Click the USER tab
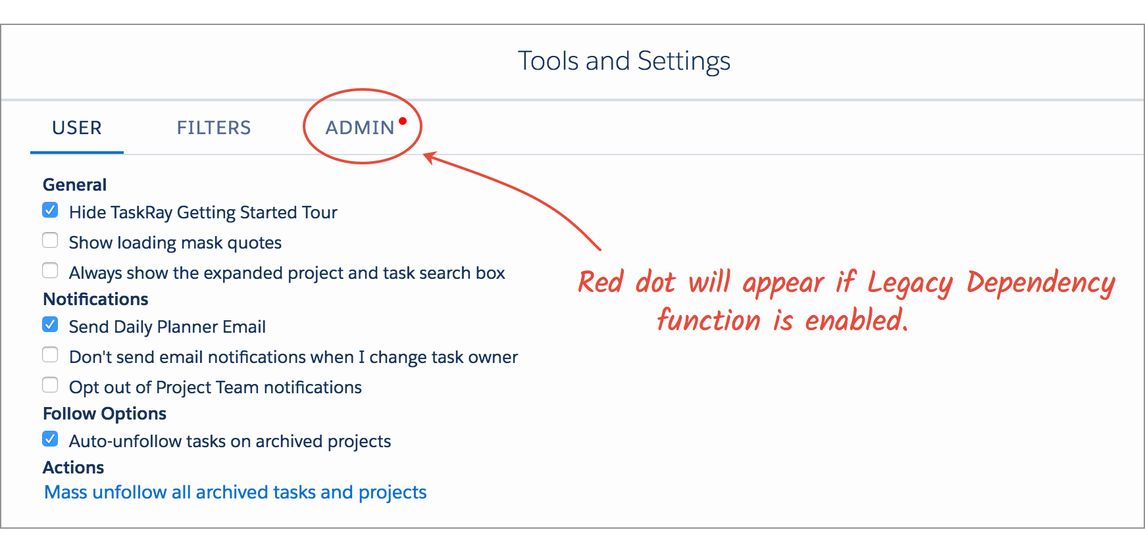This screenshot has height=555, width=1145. tap(77, 128)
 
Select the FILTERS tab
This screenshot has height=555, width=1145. tap(214, 128)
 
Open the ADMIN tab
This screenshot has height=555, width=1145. tap(360, 128)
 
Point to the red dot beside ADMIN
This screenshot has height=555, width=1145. tap(403, 121)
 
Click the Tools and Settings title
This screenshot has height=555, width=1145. tap(624, 61)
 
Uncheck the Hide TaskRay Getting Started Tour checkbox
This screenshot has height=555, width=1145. tap(50, 210)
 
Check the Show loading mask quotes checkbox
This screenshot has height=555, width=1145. tap(50, 241)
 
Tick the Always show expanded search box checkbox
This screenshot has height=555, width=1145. tap(50, 271)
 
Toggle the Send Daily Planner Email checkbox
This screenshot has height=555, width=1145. tap(50, 325)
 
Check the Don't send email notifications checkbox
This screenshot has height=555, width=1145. tap(50, 355)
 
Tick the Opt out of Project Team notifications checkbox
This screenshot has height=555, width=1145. tap(50, 385)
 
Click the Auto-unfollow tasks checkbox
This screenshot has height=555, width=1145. tap(50, 439)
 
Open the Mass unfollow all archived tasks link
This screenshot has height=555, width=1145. tap(236, 493)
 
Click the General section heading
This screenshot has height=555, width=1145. tap(74, 185)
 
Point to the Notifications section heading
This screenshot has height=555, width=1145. tap(95, 299)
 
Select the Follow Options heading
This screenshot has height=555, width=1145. tap(105, 414)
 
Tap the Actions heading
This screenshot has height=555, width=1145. tap(74, 468)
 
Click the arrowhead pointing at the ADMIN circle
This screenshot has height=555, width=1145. tap(429, 157)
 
